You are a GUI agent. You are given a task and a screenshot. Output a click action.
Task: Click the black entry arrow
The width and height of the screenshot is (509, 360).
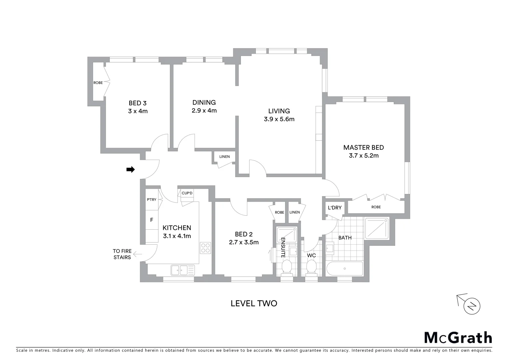point(130,170)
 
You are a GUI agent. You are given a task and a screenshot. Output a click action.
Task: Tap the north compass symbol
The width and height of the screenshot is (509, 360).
point(471,305)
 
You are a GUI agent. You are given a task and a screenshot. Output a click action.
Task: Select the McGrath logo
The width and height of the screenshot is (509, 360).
point(458,337)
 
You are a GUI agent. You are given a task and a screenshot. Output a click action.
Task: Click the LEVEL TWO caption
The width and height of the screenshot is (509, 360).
point(254,303)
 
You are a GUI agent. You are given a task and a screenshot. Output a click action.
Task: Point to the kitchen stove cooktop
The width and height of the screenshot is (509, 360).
point(205,248)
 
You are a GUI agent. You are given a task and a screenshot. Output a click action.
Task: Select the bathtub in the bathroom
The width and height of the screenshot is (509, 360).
point(344,269)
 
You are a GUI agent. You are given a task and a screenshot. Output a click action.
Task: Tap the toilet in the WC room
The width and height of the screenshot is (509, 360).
point(311,267)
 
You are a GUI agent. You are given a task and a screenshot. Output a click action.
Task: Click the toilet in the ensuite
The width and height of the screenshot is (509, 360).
point(286,267)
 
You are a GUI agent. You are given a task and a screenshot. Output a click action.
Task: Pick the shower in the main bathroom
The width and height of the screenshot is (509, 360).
point(377,228)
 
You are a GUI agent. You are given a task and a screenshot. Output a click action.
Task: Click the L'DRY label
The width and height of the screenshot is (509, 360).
point(334,208)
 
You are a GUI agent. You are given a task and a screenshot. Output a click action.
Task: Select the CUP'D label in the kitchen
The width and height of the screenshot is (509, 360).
point(187,193)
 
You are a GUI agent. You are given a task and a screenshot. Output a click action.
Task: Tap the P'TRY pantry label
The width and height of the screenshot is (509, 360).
point(152,200)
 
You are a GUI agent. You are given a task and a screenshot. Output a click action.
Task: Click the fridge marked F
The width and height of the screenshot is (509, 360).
point(152,220)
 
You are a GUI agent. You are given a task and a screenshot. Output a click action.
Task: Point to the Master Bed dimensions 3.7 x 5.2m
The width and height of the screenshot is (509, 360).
point(363,156)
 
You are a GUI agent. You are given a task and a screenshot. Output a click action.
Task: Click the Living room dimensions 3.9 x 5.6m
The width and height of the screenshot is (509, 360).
point(279,119)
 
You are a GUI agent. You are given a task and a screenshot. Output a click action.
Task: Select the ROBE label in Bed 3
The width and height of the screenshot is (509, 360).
point(98,83)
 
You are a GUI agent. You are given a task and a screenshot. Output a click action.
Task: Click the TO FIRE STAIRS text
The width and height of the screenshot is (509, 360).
point(122,254)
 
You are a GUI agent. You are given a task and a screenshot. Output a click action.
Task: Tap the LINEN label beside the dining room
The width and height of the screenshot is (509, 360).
point(224,157)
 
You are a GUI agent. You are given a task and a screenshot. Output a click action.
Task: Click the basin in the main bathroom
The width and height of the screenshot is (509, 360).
point(330,249)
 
